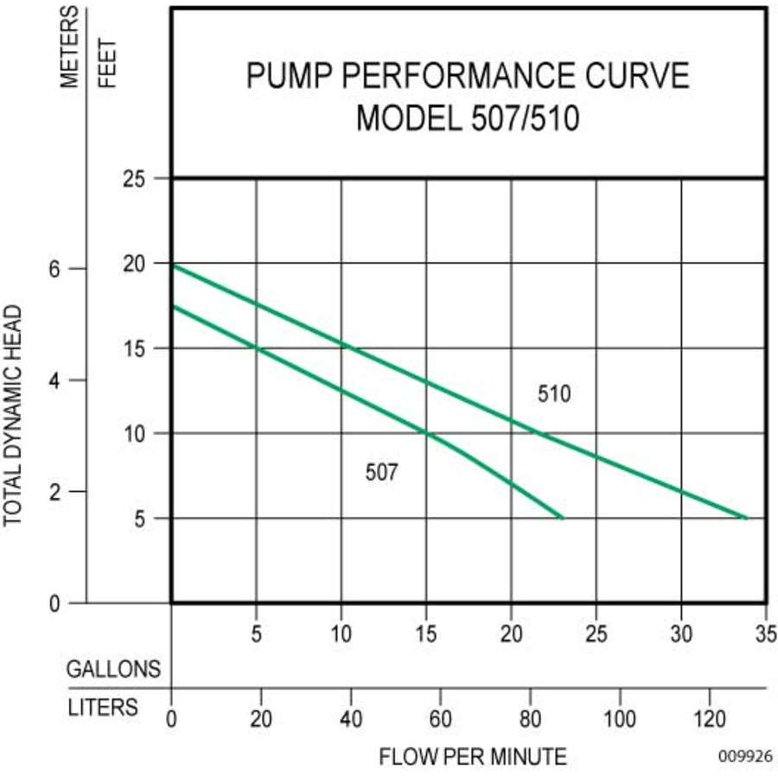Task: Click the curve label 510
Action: [x=554, y=394]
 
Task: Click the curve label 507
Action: [x=381, y=472]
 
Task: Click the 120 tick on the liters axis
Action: [x=710, y=718]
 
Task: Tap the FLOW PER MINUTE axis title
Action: [x=473, y=757]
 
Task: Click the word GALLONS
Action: [x=114, y=669]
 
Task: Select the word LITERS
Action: [x=103, y=707]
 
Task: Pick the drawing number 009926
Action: [x=744, y=756]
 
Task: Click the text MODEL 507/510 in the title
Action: [x=468, y=118]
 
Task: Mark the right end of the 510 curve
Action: [x=746, y=518]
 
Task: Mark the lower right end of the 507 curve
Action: [x=563, y=518]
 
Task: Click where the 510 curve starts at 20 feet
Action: [x=173, y=265]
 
